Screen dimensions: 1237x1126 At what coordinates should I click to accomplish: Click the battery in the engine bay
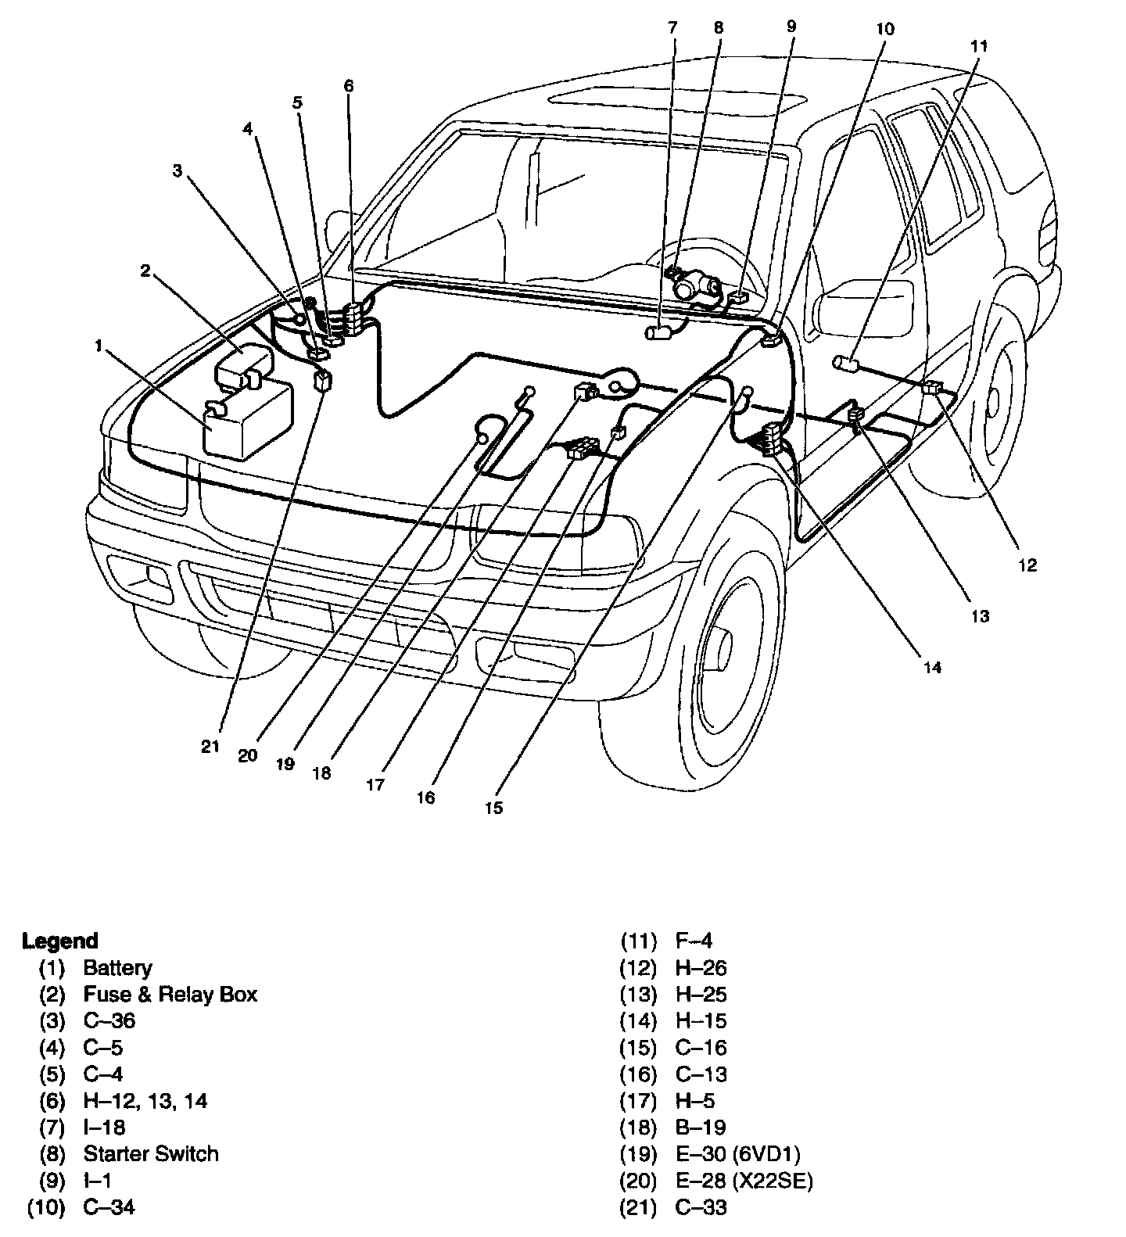point(249,421)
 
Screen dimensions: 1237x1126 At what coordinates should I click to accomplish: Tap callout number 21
point(210,746)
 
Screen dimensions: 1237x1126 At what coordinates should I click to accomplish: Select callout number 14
point(932,667)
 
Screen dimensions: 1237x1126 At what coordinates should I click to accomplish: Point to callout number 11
point(979,46)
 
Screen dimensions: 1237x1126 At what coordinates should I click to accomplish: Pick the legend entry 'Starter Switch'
point(151,1153)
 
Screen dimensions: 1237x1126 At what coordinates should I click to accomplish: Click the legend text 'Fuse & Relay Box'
point(170,994)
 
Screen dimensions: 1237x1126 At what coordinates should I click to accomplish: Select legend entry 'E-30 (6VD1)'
point(737,1153)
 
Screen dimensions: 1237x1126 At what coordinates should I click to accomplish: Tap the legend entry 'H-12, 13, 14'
point(145,1100)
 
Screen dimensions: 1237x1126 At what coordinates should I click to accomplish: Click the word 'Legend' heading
point(60,941)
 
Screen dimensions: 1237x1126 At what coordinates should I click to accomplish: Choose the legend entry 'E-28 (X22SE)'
point(744,1180)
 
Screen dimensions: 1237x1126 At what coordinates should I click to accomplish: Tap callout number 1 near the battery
point(99,345)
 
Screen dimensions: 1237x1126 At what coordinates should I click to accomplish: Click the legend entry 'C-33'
point(701,1207)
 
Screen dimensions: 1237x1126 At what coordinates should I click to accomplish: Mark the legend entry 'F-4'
point(694,941)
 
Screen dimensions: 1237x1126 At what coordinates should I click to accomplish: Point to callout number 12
point(1027,565)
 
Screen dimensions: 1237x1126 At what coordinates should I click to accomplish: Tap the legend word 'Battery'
point(117,967)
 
